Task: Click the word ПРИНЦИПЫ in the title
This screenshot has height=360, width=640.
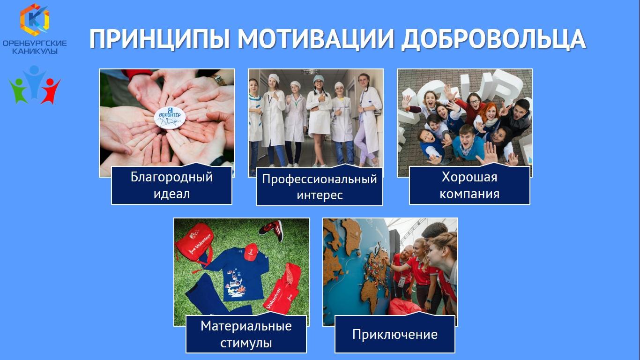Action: pos(159,39)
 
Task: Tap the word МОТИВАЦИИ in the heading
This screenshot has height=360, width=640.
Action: pos(315,39)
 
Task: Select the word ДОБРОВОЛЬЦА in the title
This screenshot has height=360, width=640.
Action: pos(494,40)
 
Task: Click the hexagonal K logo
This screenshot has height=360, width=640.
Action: pos(35,19)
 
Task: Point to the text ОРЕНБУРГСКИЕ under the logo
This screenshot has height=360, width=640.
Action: pos(35,44)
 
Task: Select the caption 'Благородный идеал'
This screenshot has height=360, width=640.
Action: pos(171,185)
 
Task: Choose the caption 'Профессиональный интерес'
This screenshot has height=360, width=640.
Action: pos(320,187)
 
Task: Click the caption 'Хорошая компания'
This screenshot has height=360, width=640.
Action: pos(469,185)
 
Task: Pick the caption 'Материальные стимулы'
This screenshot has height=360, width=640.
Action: pos(246,334)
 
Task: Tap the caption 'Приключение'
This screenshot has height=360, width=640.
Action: pos(394,334)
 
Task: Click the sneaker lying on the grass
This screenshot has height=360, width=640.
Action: pos(271,228)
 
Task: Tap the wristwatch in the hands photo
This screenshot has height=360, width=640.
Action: pos(219,80)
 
